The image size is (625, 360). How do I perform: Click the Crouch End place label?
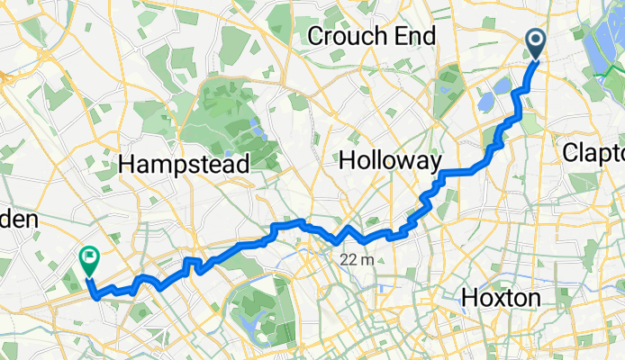point(372,36)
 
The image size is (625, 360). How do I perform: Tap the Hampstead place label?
point(183,164)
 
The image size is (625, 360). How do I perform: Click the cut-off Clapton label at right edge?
point(593,153)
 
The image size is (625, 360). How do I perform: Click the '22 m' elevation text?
point(357,260)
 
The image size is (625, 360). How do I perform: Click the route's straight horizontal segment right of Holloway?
point(464,170)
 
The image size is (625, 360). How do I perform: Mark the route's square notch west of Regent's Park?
point(191,262)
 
